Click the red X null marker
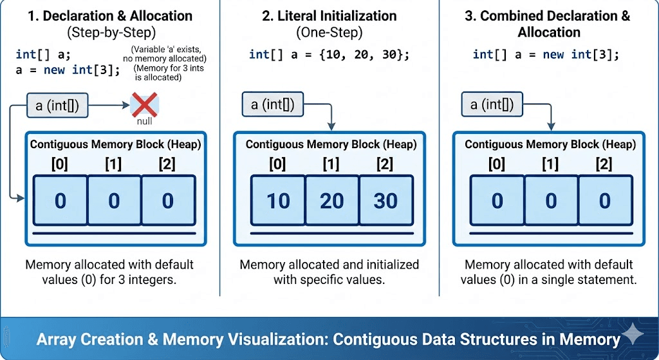tap(144, 104)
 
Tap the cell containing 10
tap(278, 201)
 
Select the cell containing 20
tap(331, 201)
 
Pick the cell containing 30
tap(385, 201)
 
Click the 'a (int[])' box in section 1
tap(57, 106)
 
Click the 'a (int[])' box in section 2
tap(272, 104)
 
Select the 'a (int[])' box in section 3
tap(492, 104)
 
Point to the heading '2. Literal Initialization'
tap(329, 16)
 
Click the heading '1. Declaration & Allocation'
tap(109, 16)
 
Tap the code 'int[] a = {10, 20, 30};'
tap(329, 54)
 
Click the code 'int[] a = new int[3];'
tap(546, 54)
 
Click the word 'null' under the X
tap(144, 121)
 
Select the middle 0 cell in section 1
tap(114, 201)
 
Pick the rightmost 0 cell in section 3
tap(604, 201)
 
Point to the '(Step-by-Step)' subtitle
tap(109, 32)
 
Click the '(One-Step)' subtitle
tap(329, 32)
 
